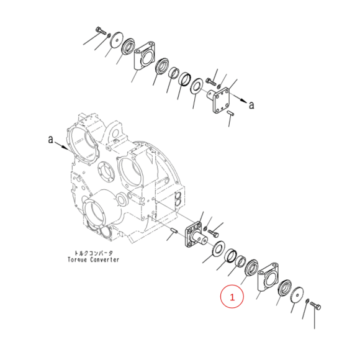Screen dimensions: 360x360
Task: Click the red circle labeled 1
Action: (232, 296)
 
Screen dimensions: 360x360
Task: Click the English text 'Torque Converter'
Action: (94, 259)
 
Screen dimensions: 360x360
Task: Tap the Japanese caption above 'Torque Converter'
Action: (94, 253)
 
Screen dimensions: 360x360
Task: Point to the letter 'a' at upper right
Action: (251, 105)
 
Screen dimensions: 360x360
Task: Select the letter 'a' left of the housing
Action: (50, 139)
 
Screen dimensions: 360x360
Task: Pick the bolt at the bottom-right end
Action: (315, 306)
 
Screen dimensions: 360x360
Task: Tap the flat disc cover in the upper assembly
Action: (117, 40)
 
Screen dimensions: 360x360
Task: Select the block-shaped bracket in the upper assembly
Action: (145, 55)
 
